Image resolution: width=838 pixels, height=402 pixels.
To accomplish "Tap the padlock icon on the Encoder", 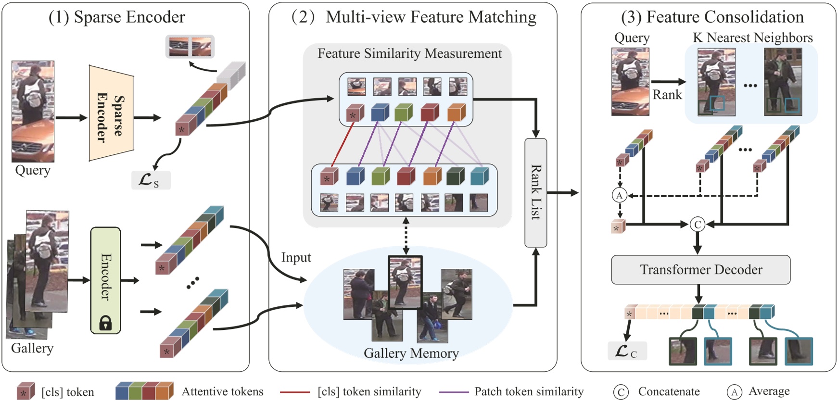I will click(x=105, y=323).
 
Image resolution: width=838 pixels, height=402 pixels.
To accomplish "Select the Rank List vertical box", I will click(x=535, y=192).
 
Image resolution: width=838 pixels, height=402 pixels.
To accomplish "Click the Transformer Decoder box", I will click(x=700, y=270).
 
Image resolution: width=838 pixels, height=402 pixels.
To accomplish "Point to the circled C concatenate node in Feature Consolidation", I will click(x=697, y=224).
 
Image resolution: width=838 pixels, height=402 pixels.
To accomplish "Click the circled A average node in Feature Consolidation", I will click(x=619, y=195).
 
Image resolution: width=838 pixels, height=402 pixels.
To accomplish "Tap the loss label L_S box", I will click(x=151, y=180).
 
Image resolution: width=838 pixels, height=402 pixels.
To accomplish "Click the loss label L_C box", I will click(x=627, y=351).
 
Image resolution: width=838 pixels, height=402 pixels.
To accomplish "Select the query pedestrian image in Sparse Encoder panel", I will click(x=33, y=111).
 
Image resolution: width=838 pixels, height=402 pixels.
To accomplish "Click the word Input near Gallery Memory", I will click(x=296, y=258).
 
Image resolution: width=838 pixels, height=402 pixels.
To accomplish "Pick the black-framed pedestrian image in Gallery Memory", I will click(x=405, y=282).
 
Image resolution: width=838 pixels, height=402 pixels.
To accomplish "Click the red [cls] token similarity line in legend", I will click(x=294, y=392).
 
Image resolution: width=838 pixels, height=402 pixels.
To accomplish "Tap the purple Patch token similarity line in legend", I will click(x=454, y=392).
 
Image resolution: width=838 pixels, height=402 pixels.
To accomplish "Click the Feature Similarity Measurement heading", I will click(x=409, y=53).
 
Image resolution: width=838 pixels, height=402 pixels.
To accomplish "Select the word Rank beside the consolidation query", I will click(x=667, y=95).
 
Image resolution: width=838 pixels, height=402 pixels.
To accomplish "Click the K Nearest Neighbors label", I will click(x=752, y=38).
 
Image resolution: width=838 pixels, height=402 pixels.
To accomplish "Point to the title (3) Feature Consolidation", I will click(x=712, y=17).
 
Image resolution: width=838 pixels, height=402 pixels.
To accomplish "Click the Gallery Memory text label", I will click(x=411, y=353).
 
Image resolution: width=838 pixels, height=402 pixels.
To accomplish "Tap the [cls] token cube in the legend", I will click(x=25, y=391).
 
